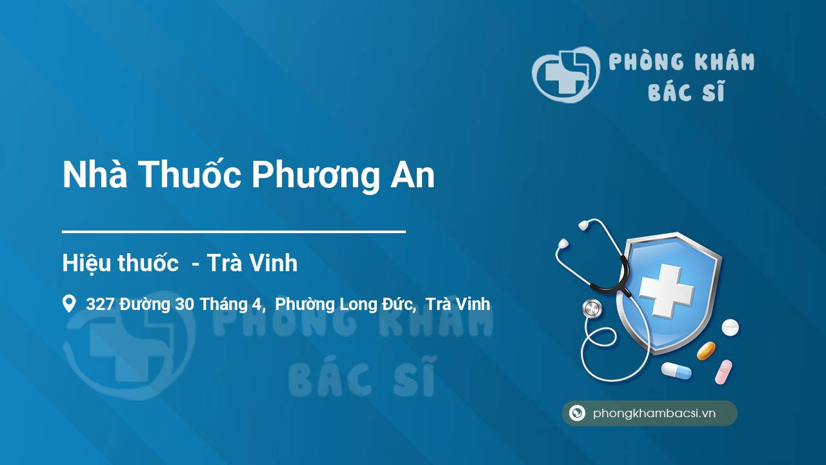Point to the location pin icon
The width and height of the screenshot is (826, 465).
[x=69, y=304]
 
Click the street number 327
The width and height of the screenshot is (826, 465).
[x=100, y=304]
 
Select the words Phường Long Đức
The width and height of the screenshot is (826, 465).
[x=344, y=305]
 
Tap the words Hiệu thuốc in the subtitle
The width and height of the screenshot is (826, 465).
[x=120, y=263]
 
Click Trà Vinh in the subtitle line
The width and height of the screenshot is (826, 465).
[x=252, y=263]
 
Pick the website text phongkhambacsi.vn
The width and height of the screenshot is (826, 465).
[x=654, y=413]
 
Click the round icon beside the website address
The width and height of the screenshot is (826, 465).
[x=577, y=413]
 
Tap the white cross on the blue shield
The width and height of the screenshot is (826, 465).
[x=667, y=291]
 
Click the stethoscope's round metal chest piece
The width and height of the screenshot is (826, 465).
[x=592, y=309]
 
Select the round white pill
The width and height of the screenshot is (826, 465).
[x=730, y=327]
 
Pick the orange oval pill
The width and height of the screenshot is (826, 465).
[x=706, y=351]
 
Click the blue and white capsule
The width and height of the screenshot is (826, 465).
[x=676, y=371]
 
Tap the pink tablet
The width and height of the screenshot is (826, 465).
[x=723, y=372]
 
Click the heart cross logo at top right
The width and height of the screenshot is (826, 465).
[x=565, y=74]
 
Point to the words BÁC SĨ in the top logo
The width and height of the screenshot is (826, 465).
[x=686, y=91]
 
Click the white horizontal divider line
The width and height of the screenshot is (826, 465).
[x=234, y=232]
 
